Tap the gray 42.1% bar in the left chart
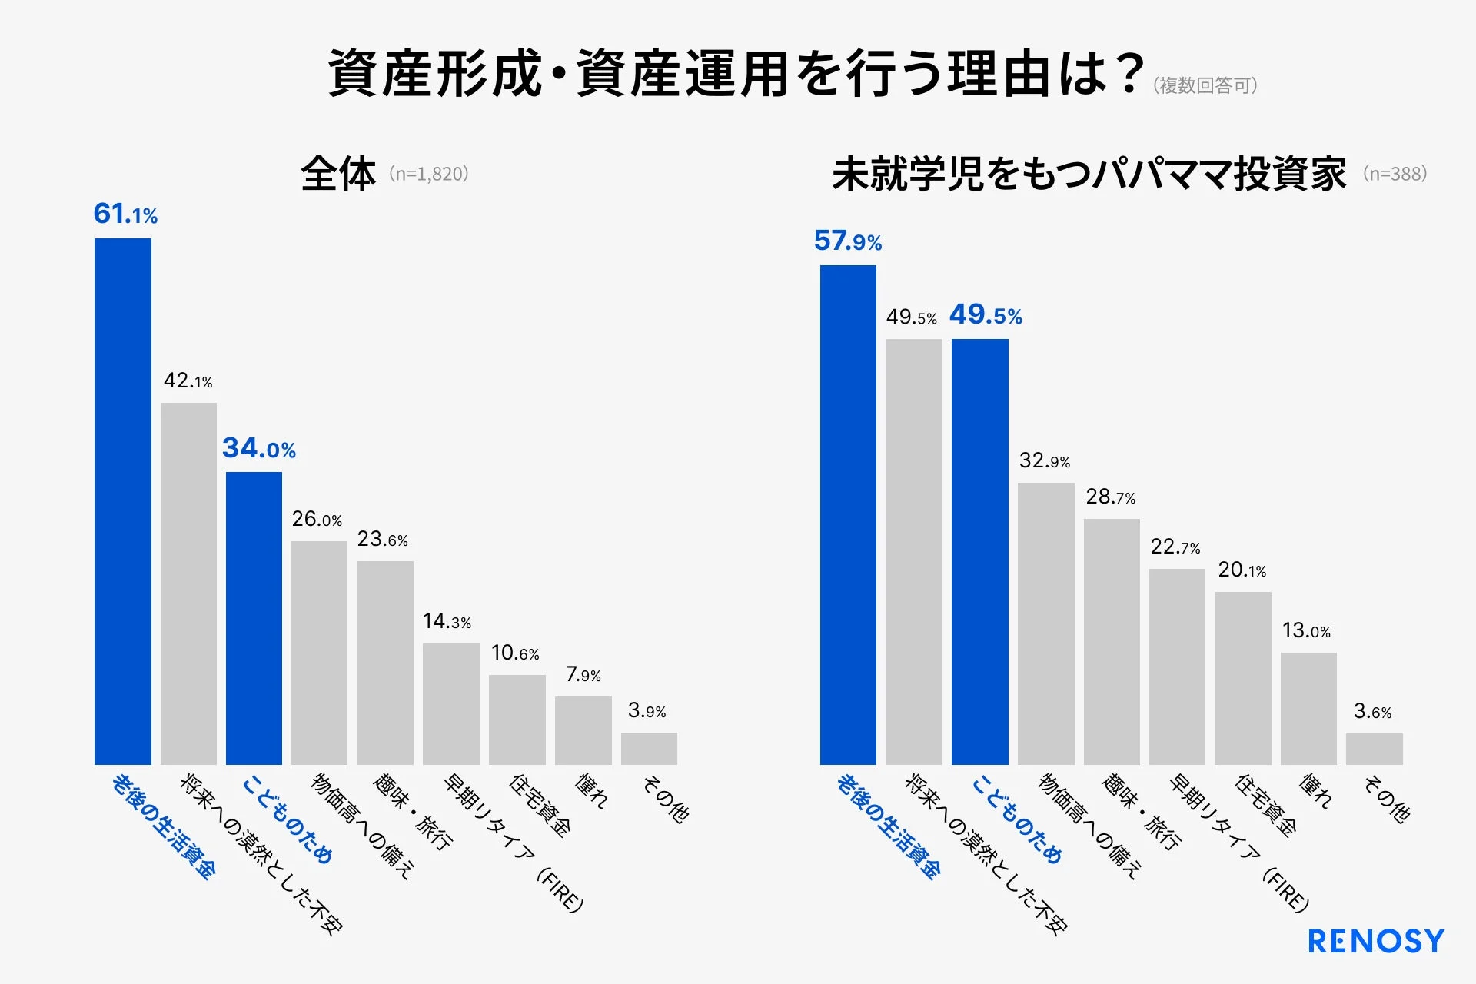tap(188, 583)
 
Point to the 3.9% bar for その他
tap(649, 748)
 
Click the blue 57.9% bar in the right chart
tap(848, 515)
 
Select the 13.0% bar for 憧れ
tap(1308, 708)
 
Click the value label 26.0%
tap(317, 520)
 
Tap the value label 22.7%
tap(1175, 547)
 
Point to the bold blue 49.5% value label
tap(986, 314)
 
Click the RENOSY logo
tap(1375, 942)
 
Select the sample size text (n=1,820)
tap(429, 174)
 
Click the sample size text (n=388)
tap(1395, 174)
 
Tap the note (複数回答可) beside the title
tap(1205, 85)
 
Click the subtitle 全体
tap(338, 174)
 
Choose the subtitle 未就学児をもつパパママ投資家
tap(1089, 174)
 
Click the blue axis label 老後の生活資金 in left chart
tap(163, 826)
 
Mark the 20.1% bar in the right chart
tap(1242, 677)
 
